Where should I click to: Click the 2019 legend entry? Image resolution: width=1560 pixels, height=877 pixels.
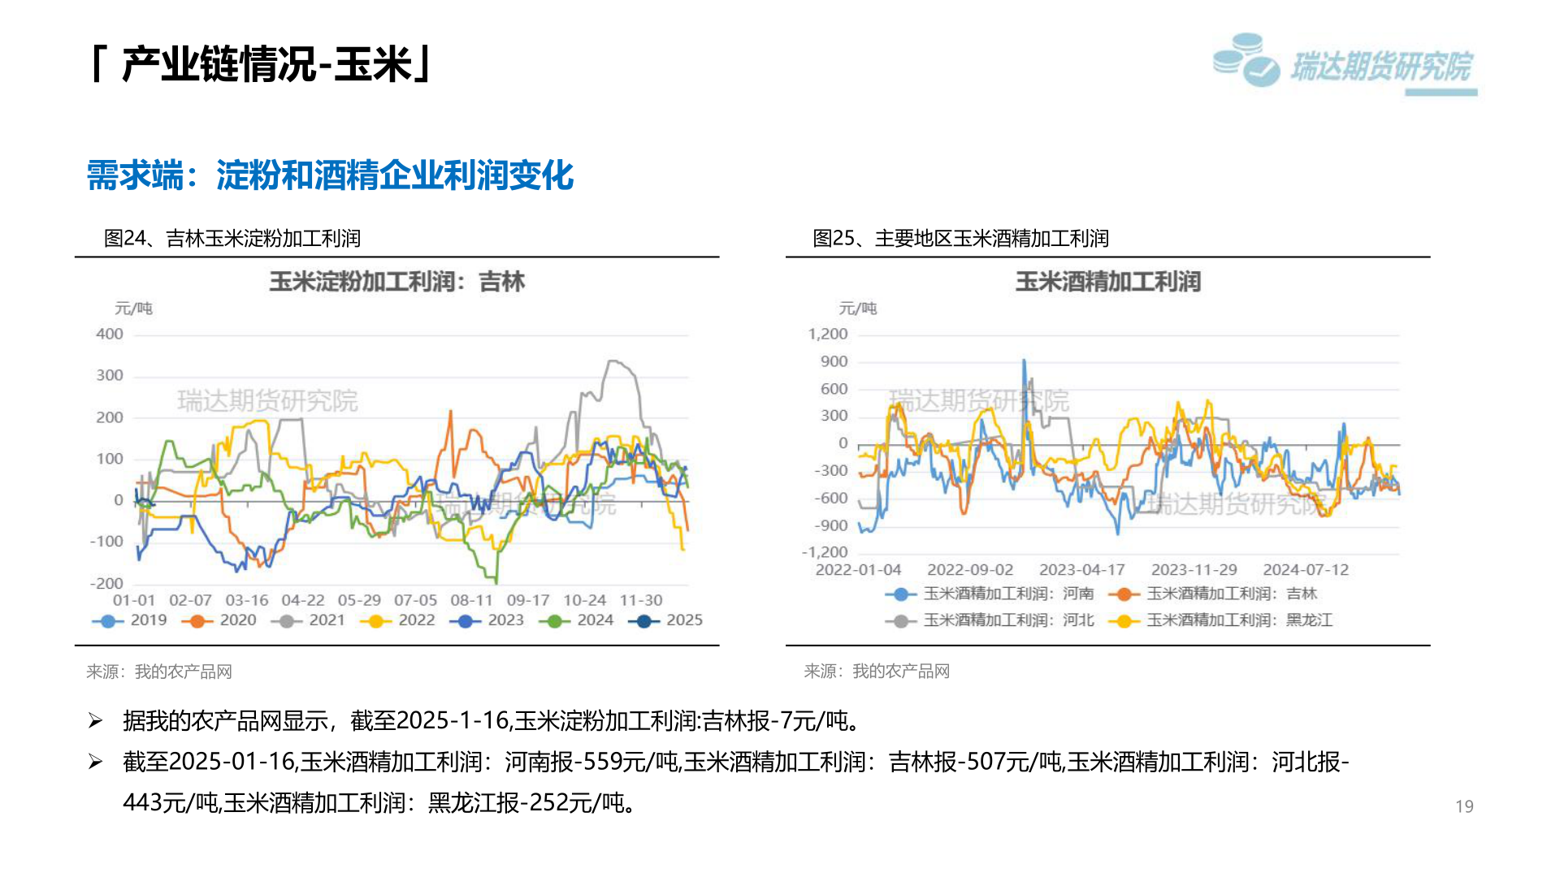(129, 620)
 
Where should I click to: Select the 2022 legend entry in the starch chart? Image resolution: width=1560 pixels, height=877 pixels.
(397, 620)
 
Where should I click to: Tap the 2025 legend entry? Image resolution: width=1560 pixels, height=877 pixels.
(665, 620)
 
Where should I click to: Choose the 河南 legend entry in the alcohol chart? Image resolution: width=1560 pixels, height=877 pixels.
(990, 594)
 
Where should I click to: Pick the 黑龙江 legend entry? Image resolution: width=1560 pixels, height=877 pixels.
(1220, 620)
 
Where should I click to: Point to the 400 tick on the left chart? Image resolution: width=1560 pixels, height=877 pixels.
(110, 334)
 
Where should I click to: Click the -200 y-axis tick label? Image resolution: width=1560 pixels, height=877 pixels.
(106, 583)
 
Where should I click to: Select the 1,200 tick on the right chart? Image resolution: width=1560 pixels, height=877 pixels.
(827, 334)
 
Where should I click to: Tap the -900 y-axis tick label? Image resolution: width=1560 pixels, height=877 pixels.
(830, 525)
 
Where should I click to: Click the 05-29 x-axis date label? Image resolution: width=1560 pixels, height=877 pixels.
(359, 600)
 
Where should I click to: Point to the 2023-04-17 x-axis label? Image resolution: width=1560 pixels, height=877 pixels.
(1081, 570)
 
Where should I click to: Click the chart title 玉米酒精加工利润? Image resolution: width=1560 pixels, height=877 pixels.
(1107, 282)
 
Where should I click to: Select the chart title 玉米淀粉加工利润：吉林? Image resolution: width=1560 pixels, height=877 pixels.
(397, 282)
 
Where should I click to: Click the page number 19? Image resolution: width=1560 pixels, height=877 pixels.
(1464, 806)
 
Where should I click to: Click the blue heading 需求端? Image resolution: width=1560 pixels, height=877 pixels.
(135, 175)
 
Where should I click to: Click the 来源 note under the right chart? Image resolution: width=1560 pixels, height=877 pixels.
(877, 672)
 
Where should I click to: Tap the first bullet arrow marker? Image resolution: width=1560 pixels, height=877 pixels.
(96, 720)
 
